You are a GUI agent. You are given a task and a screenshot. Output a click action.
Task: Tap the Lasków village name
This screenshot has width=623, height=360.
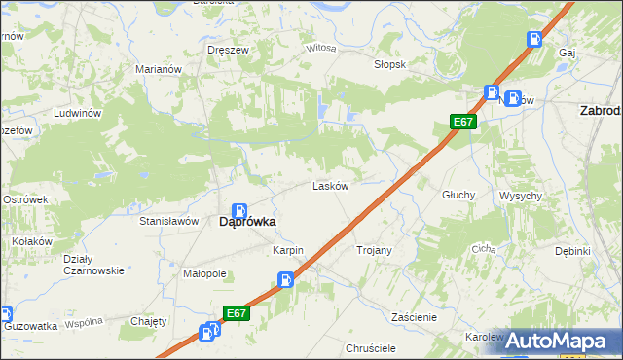330,186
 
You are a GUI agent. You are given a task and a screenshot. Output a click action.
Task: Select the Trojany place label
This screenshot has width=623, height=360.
374,250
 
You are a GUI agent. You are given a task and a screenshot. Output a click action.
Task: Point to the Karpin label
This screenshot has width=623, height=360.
288,250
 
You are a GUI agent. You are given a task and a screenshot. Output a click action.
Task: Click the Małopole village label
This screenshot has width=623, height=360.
204,273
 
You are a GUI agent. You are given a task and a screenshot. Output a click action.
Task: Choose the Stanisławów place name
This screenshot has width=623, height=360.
169,222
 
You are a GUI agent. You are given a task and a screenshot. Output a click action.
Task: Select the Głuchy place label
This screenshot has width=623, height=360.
458,195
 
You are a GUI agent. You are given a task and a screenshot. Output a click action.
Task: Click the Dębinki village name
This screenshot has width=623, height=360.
573,251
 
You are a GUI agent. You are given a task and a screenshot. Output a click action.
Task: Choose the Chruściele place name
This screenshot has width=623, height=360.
370,347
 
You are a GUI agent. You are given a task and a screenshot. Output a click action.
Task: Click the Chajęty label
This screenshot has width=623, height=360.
149,321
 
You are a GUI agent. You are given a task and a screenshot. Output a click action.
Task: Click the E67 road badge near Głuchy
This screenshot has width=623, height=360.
463,122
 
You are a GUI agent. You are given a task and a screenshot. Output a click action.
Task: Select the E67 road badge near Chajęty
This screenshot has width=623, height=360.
236,313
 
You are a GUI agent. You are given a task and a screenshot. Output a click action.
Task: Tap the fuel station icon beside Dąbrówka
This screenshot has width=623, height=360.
239,210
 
